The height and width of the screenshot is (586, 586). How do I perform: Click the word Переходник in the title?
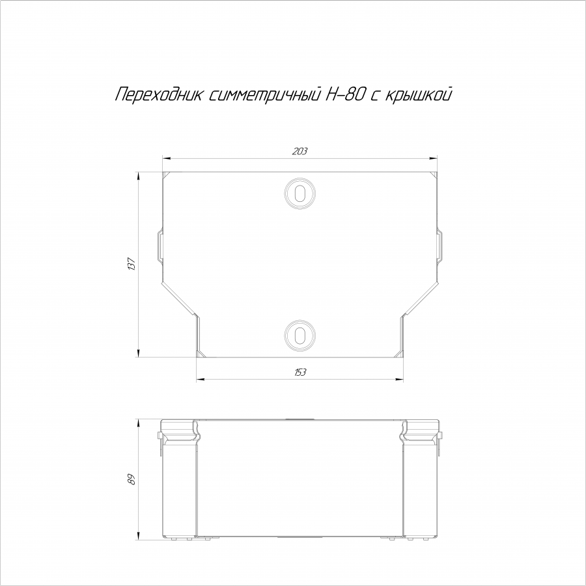pyautogui.click(x=159, y=95)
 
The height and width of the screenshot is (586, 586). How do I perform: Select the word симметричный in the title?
pyautogui.click(x=264, y=95)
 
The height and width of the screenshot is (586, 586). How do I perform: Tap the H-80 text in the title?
pyautogui.click(x=344, y=94)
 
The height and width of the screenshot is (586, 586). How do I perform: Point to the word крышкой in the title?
pyautogui.click(x=418, y=94)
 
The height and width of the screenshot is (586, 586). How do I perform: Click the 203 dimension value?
pyautogui.click(x=300, y=151)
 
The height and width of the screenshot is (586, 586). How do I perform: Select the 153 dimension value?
pyautogui.click(x=300, y=372)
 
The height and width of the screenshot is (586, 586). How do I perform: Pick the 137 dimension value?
pyautogui.click(x=132, y=264)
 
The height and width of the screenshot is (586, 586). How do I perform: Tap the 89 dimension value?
pyautogui.click(x=131, y=479)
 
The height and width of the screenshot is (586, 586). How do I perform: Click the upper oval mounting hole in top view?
pyautogui.click(x=300, y=193)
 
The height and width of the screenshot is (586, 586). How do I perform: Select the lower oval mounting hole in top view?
pyautogui.click(x=300, y=335)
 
